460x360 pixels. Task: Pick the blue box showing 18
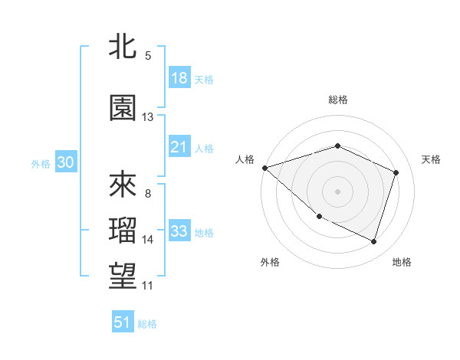pos(179,78)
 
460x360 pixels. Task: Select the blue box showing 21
pos(179,148)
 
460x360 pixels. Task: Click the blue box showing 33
pos(179,231)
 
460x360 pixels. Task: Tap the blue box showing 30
pos(65,162)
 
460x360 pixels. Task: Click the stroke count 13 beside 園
pos(148,117)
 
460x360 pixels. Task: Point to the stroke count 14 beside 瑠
pos(148,240)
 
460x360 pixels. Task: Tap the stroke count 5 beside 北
pos(148,56)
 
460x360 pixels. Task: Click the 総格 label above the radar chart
pos(337,100)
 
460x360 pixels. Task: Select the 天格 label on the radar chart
pos(431,159)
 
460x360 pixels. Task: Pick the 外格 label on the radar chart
pos(270,262)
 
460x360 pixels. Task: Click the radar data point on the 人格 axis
pos(264,168)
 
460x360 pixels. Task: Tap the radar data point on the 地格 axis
pos(374,242)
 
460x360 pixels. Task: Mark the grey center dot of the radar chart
pos(337,191)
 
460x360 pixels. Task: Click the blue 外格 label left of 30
pos(40,163)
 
